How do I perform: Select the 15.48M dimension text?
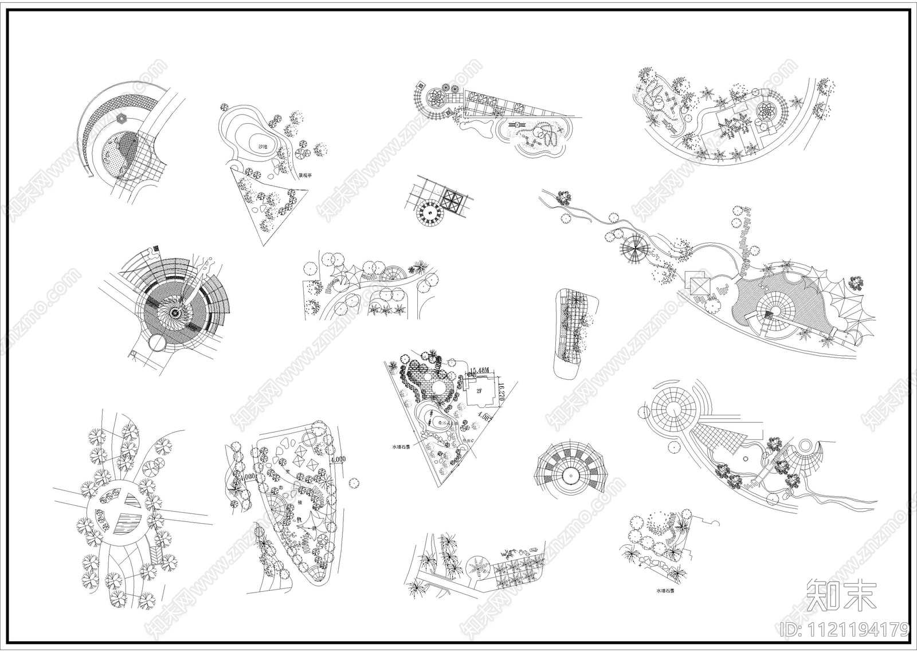coord(480,370)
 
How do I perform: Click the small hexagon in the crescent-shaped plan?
coord(122,117)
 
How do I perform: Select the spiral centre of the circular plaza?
coord(175,313)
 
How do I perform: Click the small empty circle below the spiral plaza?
coord(156,343)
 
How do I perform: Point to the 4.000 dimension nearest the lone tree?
coord(338,459)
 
